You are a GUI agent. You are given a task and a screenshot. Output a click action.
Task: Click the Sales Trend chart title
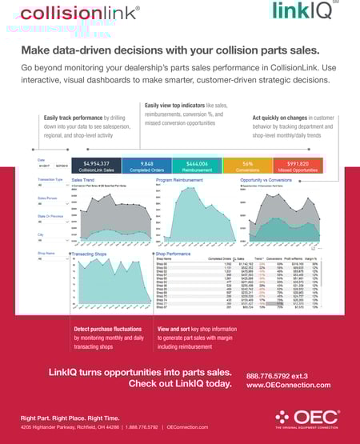82,181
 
